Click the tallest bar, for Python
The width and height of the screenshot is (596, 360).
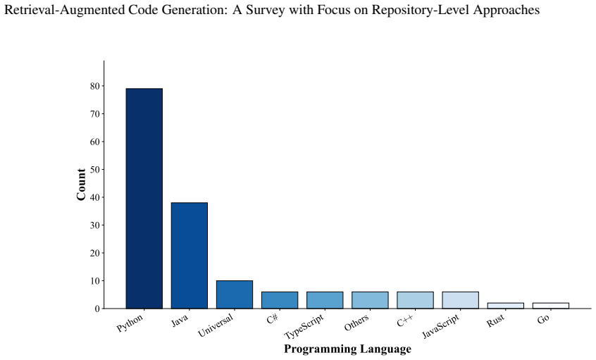click(x=144, y=199)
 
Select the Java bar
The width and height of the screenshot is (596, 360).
click(x=190, y=256)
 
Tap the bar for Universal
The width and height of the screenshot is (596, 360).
click(x=235, y=294)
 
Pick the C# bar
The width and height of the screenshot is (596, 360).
click(x=280, y=300)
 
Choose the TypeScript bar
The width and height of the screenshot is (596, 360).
click(x=325, y=300)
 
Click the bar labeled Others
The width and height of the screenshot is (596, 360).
click(x=371, y=300)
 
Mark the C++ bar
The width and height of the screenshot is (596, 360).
click(x=416, y=300)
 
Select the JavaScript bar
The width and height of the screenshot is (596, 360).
click(x=461, y=300)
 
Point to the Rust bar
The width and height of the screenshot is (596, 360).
click(x=506, y=306)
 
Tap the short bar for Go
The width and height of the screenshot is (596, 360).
click(x=551, y=306)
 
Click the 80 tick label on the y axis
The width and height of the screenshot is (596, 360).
click(x=95, y=86)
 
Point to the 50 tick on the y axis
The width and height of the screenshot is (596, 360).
click(x=95, y=170)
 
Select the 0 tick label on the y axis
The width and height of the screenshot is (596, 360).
click(x=97, y=309)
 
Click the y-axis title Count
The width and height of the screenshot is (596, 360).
click(x=81, y=185)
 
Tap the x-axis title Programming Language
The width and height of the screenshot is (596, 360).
click(x=348, y=349)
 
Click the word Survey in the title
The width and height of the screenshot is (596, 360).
click(x=265, y=9)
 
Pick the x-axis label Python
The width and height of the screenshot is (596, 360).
click(x=130, y=323)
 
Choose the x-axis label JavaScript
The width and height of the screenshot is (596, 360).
click(x=441, y=326)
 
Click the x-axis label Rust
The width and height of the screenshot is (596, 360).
click(x=496, y=321)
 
